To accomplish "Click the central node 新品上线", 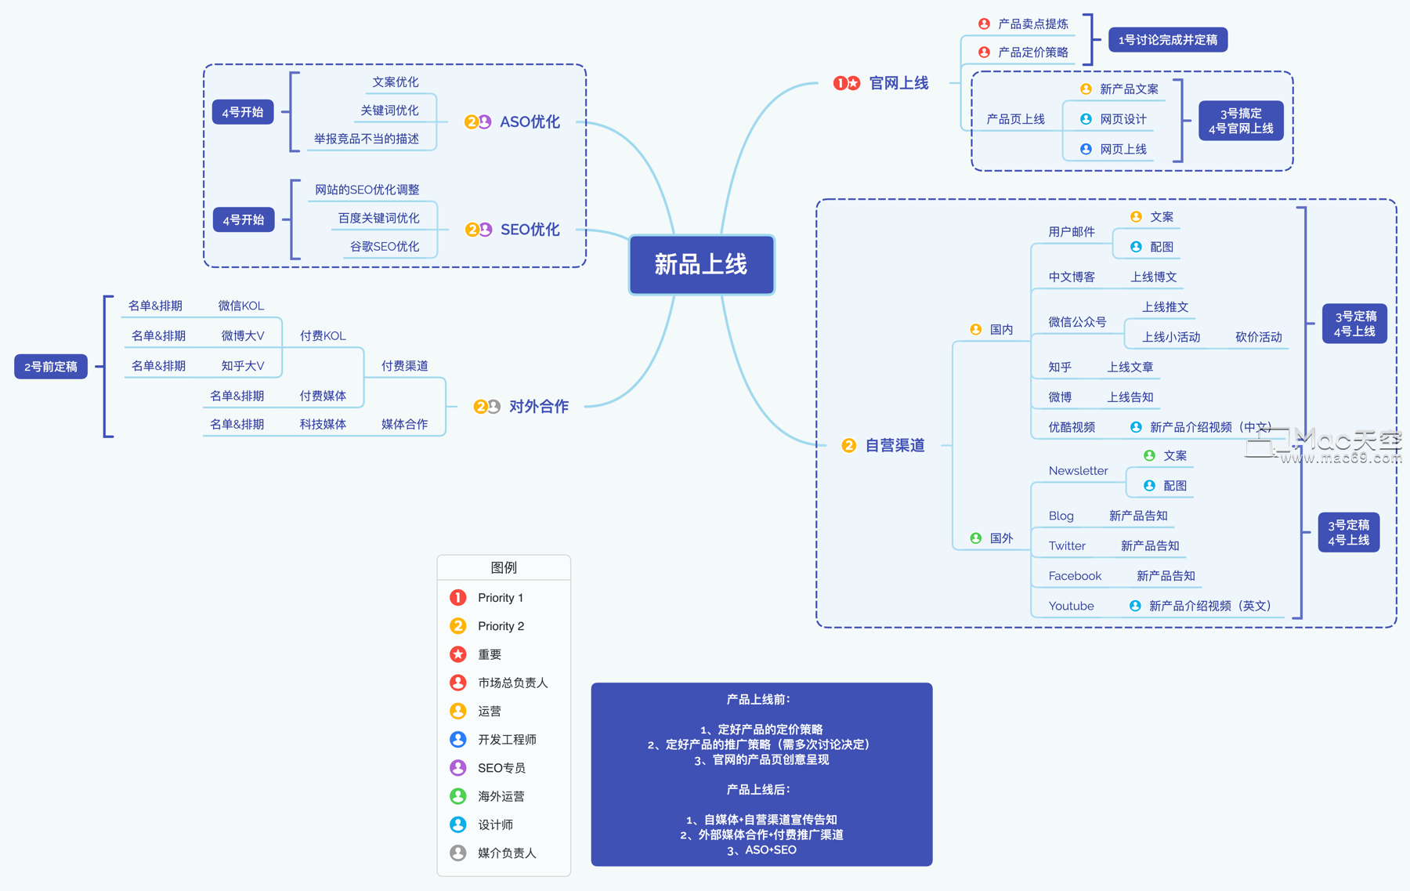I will tap(701, 265).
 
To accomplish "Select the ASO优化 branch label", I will tap(530, 122).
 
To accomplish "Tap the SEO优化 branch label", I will tap(530, 230).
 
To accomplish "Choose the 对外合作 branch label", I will tap(538, 407).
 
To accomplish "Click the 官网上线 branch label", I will tap(898, 83).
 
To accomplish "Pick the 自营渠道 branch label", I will tap(895, 446).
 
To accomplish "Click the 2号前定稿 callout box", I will tap(51, 367).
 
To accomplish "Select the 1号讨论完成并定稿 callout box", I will tap(1167, 40).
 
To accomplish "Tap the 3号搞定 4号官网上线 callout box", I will tap(1240, 121).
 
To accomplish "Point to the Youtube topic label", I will tap(1071, 607).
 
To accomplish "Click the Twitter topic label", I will tap(1067, 546).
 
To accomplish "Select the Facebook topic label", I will tap(1075, 576).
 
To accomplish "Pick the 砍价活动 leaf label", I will tap(1258, 337).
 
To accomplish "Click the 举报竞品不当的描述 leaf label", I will tap(367, 139).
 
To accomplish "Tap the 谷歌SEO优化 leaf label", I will tap(384, 247).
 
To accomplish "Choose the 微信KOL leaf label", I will tap(240, 306).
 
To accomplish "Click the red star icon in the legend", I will tap(458, 654).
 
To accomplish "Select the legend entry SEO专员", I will tap(501, 768).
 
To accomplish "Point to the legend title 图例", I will tap(504, 567).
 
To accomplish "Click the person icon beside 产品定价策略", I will tap(984, 53).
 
